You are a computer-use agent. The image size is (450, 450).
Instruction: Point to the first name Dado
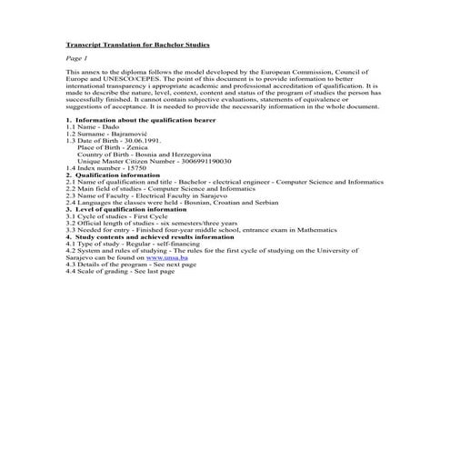pyautogui.click(x=112, y=126)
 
